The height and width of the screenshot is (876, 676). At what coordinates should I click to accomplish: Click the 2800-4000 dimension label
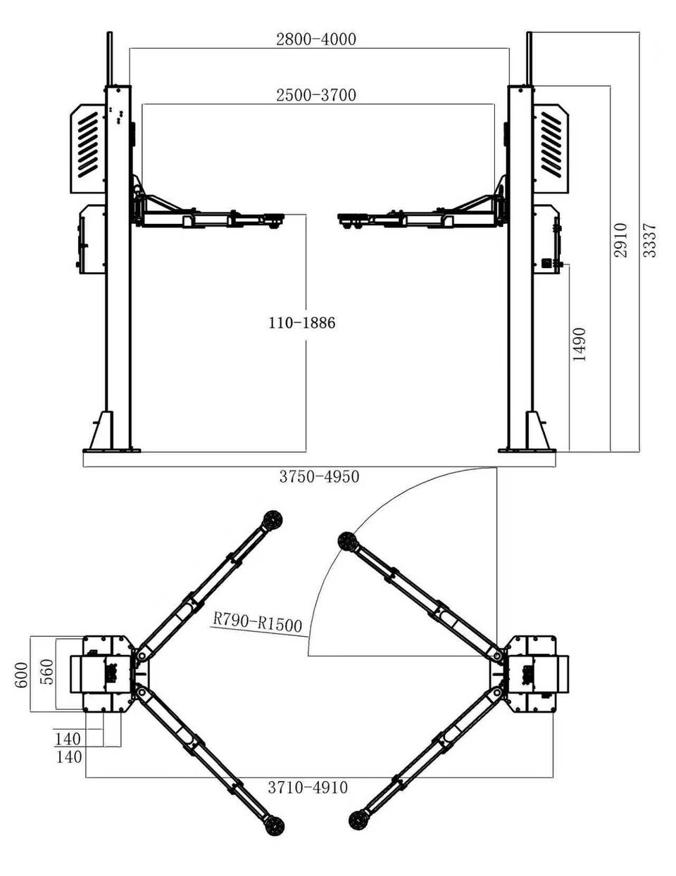pyautogui.click(x=315, y=39)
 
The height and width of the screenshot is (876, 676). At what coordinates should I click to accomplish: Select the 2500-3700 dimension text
pyautogui.click(x=315, y=95)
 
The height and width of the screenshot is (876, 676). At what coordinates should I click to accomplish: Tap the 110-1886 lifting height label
pyautogui.click(x=302, y=323)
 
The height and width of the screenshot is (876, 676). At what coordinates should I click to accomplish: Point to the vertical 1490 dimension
pyautogui.click(x=580, y=345)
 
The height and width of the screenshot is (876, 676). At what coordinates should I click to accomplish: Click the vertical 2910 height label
pyautogui.click(x=621, y=240)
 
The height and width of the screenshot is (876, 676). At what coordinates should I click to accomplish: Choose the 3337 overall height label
pyautogui.click(x=650, y=240)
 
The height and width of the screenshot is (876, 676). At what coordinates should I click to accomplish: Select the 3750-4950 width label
pyautogui.click(x=319, y=476)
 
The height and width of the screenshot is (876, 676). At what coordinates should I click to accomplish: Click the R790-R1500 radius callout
pyautogui.click(x=257, y=623)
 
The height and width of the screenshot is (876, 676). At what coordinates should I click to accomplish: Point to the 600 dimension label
pyautogui.click(x=23, y=675)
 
